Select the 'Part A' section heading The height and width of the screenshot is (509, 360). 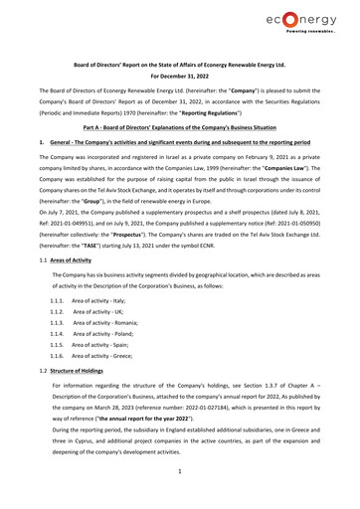[x=180, y=129]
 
